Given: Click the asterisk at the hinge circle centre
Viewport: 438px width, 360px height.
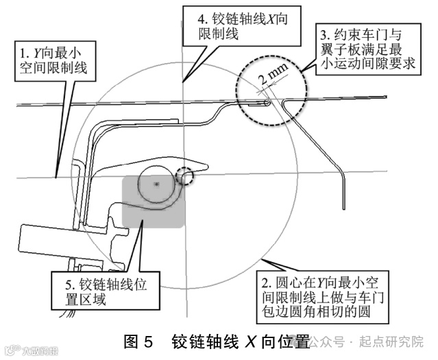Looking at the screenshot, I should click(x=157, y=185).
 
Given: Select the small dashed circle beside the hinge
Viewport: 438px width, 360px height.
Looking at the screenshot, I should click(x=185, y=177).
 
